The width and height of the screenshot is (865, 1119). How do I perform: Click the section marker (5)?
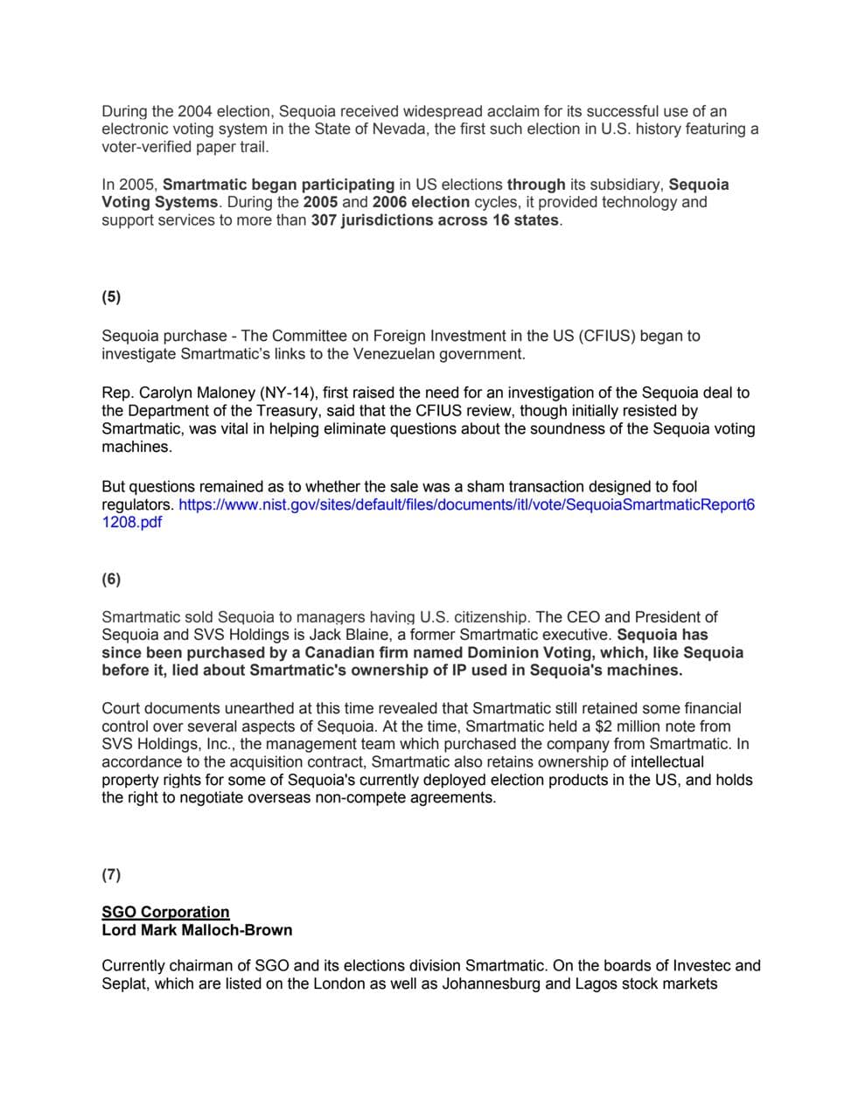(x=111, y=296)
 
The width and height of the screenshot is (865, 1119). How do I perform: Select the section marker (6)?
(x=111, y=579)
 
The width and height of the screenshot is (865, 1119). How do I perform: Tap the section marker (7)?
(x=111, y=874)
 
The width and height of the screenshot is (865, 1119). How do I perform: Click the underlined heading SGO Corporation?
(x=165, y=912)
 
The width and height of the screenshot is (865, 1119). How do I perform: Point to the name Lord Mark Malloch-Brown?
(x=197, y=930)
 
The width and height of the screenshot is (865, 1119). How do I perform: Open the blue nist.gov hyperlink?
(x=466, y=505)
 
